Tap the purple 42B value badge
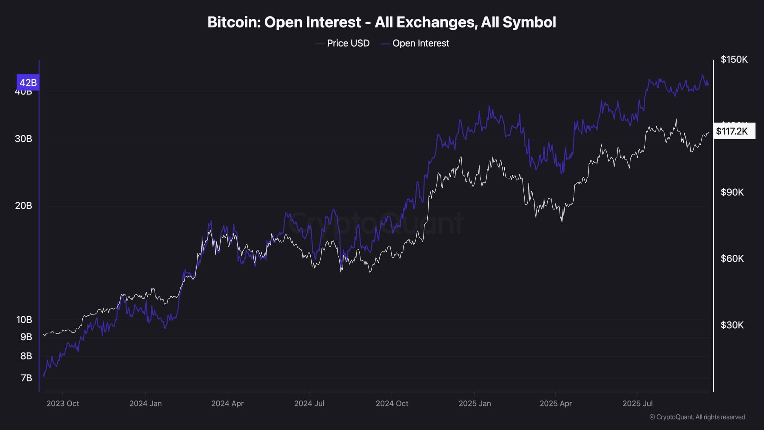pyautogui.click(x=28, y=82)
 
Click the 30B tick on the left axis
pyautogui.click(x=24, y=139)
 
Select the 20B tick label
pyautogui.click(x=24, y=206)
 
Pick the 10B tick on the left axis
pyautogui.click(x=24, y=320)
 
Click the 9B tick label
pyautogui.click(x=26, y=337)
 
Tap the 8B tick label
pyautogui.click(x=26, y=356)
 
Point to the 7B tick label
pyautogui.click(x=26, y=378)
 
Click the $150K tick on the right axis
pyautogui.click(x=734, y=60)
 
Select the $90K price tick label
pyautogui.click(x=732, y=192)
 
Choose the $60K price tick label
pyautogui.click(x=732, y=259)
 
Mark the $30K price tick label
pyautogui.click(x=732, y=325)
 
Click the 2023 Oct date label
pyautogui.click(x=63, y=404)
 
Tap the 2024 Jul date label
pyautogui.click(x=309, y=404)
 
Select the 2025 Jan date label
pyautogui.click(x=475, y=404)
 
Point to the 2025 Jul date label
pyautogui.click(x=637, y=404)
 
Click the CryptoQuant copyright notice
pyautogui.click(x=697, y=417)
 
